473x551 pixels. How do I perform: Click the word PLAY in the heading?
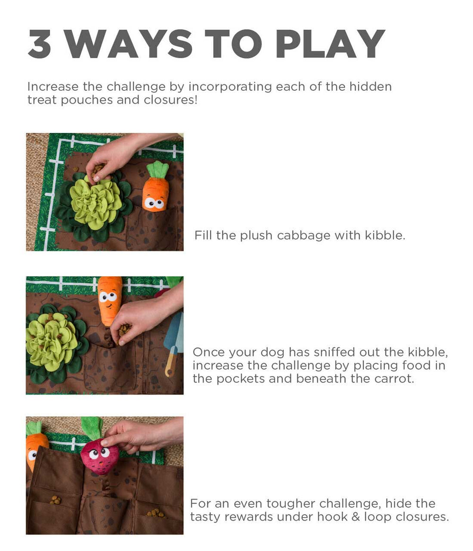click(330, 44)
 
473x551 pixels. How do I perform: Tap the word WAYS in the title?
click(129, 44)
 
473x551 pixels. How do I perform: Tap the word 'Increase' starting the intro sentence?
click(53, 87)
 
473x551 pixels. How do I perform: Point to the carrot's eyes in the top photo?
click(154, 203)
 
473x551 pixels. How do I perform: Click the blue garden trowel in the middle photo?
click(174, 342)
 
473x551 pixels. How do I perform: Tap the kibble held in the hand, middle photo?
click(124, 330)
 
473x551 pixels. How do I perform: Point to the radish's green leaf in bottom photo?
click(92, 427)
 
